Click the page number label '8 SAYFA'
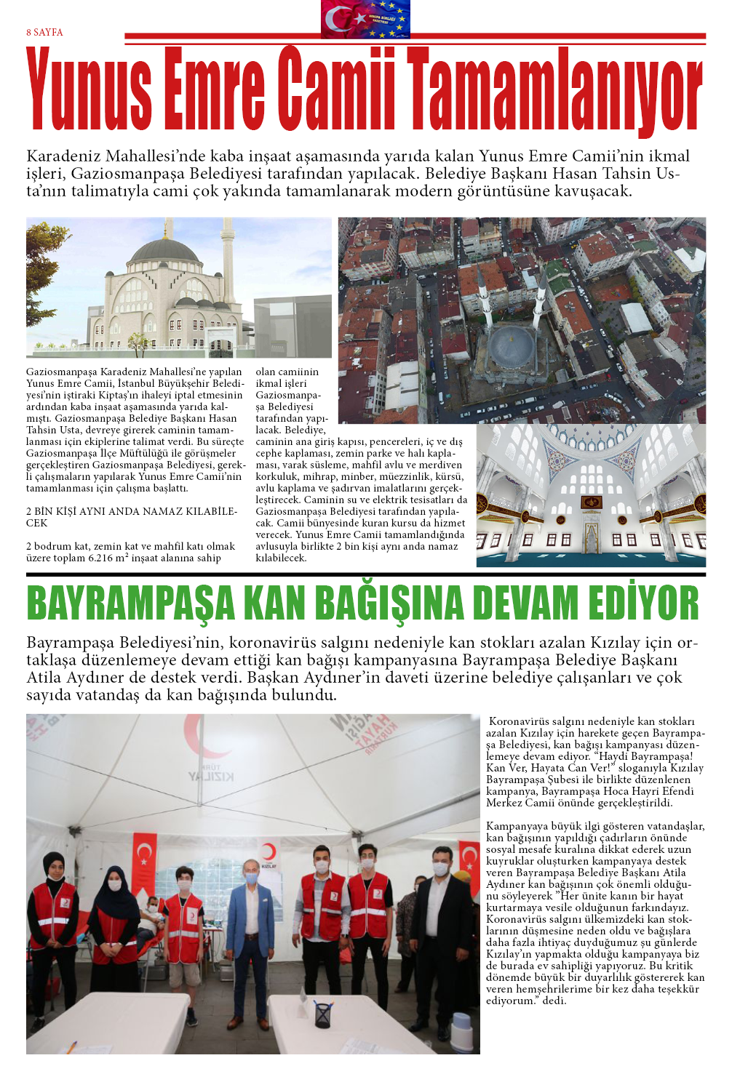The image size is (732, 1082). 44,33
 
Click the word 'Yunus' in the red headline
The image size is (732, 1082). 89,89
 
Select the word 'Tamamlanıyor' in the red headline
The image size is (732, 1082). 554,89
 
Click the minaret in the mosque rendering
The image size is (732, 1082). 228,262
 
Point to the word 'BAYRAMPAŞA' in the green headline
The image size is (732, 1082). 131,604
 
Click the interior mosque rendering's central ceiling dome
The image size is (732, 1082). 589,436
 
